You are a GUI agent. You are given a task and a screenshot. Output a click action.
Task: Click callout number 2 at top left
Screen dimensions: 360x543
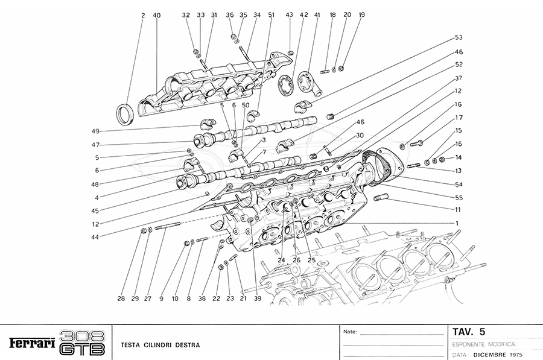(x=143, y=15)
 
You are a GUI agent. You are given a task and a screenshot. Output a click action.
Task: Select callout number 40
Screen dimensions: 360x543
(x=157, y=15)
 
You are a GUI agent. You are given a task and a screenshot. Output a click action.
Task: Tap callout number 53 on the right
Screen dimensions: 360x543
(x=459, y=37)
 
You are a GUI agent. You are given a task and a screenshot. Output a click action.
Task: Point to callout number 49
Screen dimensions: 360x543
(x=95, y=131)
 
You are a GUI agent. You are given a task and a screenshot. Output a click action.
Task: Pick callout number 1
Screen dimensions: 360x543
(x=458, y=223)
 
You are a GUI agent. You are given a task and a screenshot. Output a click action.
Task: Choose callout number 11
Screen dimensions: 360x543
(x=458, y=210)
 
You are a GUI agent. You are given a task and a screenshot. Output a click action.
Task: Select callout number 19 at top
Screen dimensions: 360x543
(x=361, y=14)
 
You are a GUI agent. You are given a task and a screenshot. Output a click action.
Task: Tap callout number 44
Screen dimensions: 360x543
(x=95, y=237)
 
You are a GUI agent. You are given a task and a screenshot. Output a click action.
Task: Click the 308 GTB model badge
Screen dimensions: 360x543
(x=83, y=343)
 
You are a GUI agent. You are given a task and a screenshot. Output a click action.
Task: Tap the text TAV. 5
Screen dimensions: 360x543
(x=468, y=331)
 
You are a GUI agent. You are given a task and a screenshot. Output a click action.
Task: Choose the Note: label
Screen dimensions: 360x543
(x=350, y=332)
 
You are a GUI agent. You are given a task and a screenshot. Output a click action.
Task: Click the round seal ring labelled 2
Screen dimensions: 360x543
(x=125, y=113)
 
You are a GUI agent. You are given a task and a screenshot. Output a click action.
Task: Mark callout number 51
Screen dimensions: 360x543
(x=270, y=15)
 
